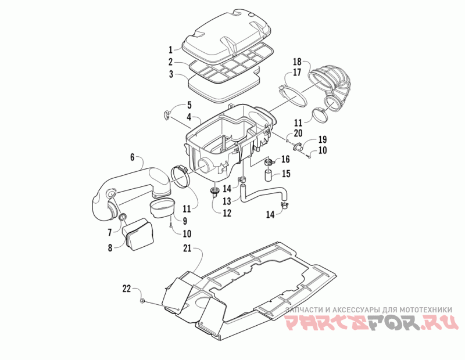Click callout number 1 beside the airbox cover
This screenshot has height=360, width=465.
[x=171, y=49]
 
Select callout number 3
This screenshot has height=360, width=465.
[x=171, y=74]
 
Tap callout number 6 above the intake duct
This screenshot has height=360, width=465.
[x=132, y=157]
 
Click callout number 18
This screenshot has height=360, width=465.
[x=296, y=62]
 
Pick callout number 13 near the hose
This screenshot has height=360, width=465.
[x=227, y=201]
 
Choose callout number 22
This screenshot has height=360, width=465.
[x=127, y=288]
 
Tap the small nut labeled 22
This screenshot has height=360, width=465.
[x=143, y=301]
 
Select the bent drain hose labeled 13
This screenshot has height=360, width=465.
[x=262, y=195]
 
